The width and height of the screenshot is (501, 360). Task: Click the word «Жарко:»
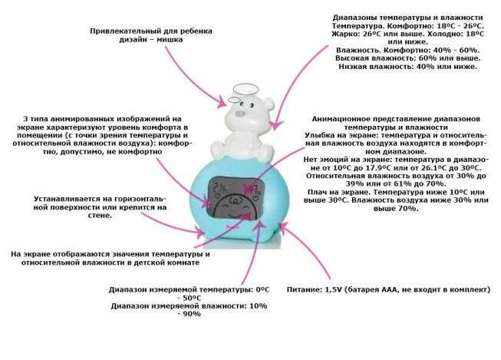click(x=326, y=35)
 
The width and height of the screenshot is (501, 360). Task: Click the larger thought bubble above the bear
click(x=246, y=89)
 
